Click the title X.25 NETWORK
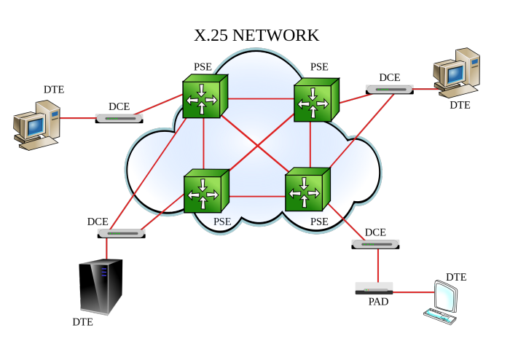tap(256, 35)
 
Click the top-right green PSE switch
tap(315, 101)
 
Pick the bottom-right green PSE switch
tap(307, 191)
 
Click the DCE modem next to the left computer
tap(119, 117)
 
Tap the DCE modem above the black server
tap(121, 233)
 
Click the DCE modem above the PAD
tap(375, 244)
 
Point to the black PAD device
tap(374, 289)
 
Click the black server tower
tap(101, 287)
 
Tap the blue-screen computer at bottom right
tap(444, 301)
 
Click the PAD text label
tap(377, 302)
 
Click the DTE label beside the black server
tap(82, 322)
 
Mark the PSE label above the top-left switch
tap(203, 67)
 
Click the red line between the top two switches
tap(261, 98)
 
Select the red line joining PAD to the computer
tap(412, 291)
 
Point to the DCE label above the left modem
tap(119, 106)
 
